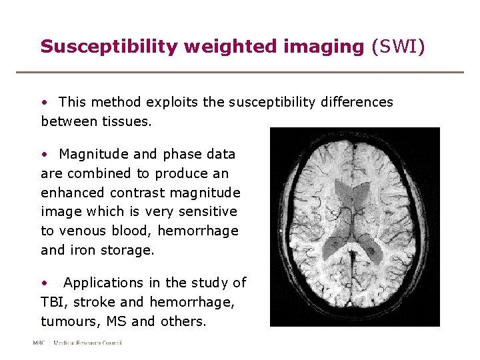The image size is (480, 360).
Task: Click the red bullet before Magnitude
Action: coord(44,155)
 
